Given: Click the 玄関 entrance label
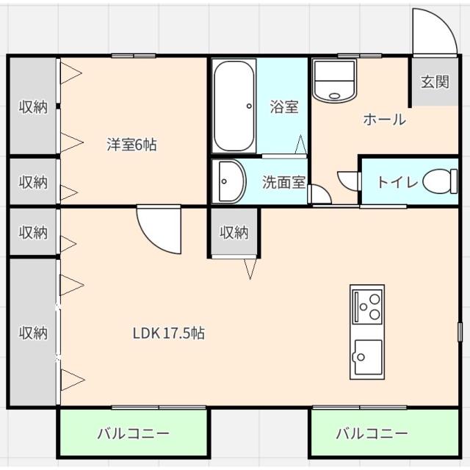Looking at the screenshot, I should (x=434, y=82).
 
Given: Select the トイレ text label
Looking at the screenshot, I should (x=397, y=182).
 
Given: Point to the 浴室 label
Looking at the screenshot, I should (x=283, y=107).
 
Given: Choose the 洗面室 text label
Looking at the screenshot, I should (x=283, y=182).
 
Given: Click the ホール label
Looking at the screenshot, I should (x=384, y=120).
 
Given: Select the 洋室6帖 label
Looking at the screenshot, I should (x=131, y=144).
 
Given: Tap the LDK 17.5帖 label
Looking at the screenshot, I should (x=168, y=333).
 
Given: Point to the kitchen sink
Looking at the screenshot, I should (x=366, y=356).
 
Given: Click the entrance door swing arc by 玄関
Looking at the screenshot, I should (x=434, y=31).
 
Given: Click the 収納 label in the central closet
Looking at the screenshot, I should (x=234, y=233).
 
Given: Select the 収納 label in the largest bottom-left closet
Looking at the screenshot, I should (x=33, y=333).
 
